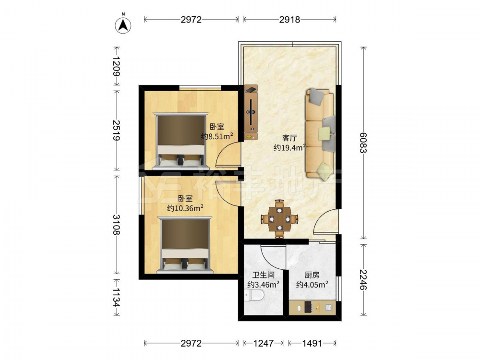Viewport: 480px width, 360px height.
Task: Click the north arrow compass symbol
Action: tap(123, 25)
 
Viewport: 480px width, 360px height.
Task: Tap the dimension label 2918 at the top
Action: tap(289, 20)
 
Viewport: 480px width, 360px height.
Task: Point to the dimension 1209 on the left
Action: tap(117, 66)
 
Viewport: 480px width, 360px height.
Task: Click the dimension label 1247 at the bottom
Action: tap(263, 343)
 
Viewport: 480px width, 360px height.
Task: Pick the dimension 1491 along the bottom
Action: tap(312, 343)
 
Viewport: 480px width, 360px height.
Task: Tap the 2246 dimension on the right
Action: tap(363, 279)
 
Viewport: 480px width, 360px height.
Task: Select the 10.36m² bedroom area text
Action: tap(185, 208)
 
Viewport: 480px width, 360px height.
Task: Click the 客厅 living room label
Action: tap(289, 138)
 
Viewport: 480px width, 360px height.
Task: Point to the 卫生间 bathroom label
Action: tap(263, 275)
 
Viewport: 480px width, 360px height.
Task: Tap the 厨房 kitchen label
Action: tap(312, 275)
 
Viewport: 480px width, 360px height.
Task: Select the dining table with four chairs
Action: tap(279, 218)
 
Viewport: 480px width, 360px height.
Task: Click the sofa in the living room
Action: tap(320, 133)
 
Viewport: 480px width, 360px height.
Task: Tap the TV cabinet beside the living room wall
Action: tap(251, 112)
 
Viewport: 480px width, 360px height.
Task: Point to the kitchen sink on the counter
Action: tap(329, 307)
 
